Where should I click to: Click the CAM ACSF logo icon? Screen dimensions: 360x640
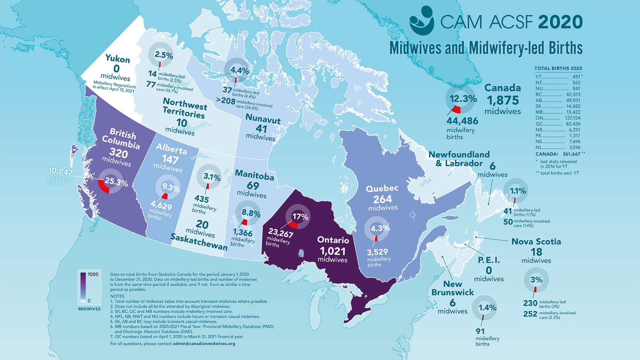[421, 20]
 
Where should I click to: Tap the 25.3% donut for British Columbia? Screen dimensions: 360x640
[110, 181]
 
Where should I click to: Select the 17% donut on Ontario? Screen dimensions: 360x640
[298, 217]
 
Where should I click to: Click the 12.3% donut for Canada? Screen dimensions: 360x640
[460, 99]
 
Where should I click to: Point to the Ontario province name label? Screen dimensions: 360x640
[333, 240]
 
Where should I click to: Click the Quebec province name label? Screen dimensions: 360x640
[382, 188]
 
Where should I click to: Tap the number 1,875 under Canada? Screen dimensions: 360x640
[503, 100]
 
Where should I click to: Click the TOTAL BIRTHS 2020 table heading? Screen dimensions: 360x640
[558, 68]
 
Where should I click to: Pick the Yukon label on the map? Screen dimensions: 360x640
[117, 59]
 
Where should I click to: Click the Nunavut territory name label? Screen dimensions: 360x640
[262, 119]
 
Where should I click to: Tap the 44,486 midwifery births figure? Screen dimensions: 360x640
[462, 121]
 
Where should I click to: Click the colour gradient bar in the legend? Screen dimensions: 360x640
[83, 287]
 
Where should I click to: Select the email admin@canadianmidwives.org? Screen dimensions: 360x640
[204, 344]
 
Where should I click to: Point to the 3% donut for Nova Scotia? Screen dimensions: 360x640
[536, 280]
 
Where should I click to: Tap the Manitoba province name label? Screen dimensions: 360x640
[254, 175]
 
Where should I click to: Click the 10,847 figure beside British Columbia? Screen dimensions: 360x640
[60, 171]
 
